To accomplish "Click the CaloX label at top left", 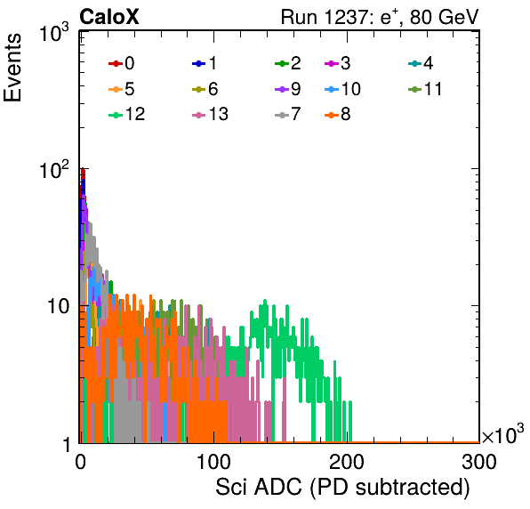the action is click(109, 17).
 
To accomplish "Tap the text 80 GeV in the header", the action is click(444, 17).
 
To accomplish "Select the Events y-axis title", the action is click(12, 68).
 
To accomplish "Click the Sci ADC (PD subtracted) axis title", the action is click(342, 488).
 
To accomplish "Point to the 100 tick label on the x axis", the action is click(213, 462).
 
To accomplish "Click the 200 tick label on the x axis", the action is click(347, 462).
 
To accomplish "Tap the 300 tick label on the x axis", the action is click(479, 462).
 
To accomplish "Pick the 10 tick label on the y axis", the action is click(58, 307).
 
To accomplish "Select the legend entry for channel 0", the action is click(121, 63).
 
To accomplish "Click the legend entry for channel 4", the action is click(421, 63).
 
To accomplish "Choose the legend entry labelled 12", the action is click(127, 114).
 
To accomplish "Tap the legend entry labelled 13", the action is click(210, 114).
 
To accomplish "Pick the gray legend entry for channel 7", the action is click(288, 114).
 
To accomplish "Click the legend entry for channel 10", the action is click(342, 89).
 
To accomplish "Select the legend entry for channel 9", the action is click(288, 89).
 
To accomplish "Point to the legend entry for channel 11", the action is click(425, 89).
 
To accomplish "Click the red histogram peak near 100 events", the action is click(83, 172).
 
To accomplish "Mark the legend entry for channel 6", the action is click(205, 89).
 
